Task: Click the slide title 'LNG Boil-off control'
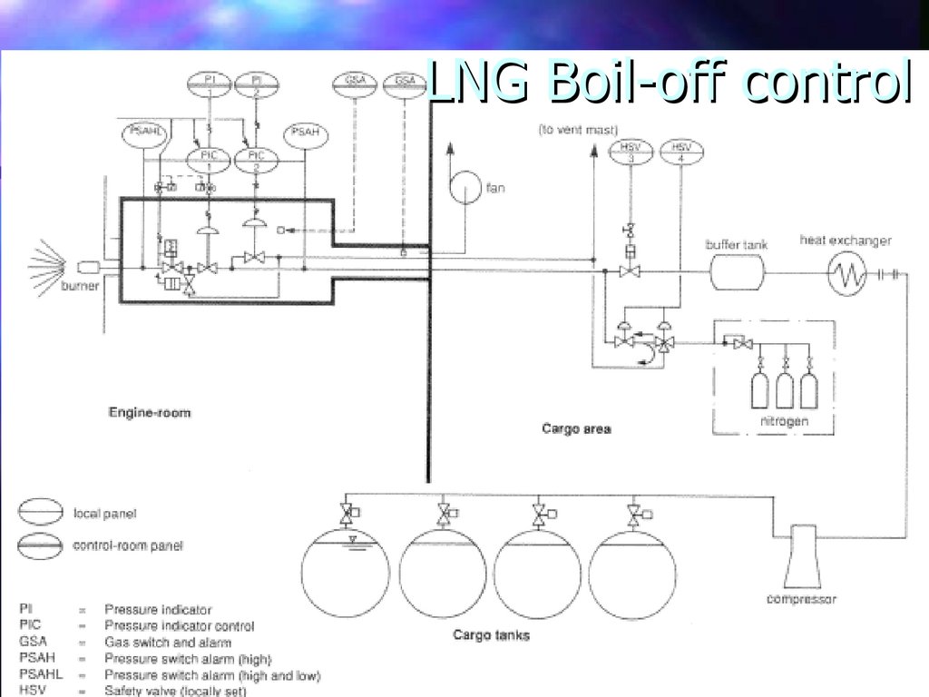(x=668, y=84)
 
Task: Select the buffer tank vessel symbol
(x=737, y=270)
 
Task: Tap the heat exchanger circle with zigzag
(x=846, y=271)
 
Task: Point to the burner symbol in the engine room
(x=89, y=268)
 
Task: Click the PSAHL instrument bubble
(x=145, y=133)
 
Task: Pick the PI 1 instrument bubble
(x=210, y=84)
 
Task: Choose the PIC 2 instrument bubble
(x=257, y=161)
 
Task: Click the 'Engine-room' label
(x=150, y=413)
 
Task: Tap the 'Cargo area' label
(x=575, y=428)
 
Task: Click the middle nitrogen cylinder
(x=784, y=389)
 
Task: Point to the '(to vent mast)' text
(x=572, y=130)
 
